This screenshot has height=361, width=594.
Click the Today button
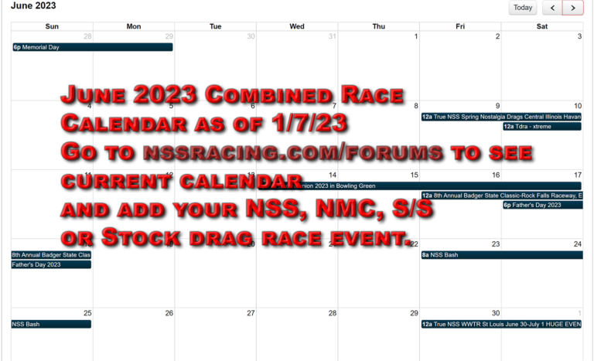[523, 8]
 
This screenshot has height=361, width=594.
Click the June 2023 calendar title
[33, 6]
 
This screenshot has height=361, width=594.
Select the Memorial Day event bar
[92, 47]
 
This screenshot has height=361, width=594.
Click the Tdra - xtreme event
[541, 126]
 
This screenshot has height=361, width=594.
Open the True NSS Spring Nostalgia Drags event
[500, 117]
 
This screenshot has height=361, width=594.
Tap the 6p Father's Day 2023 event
[541, 205]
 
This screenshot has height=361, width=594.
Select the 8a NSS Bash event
[500, 254]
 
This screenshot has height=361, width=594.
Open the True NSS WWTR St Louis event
[500, 325]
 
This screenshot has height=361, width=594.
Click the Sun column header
[52, 26]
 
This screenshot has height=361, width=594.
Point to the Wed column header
[297, 26]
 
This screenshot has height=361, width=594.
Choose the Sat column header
[542, 26]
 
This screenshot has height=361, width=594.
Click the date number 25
[87, 313]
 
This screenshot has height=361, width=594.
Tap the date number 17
[578, 175]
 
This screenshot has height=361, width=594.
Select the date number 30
[496, 313]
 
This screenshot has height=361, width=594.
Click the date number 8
[415, 106]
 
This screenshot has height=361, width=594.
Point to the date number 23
[496, 244]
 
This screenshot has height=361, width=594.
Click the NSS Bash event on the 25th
[51, 325]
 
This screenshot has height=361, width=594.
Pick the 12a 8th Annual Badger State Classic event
[500, 196]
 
